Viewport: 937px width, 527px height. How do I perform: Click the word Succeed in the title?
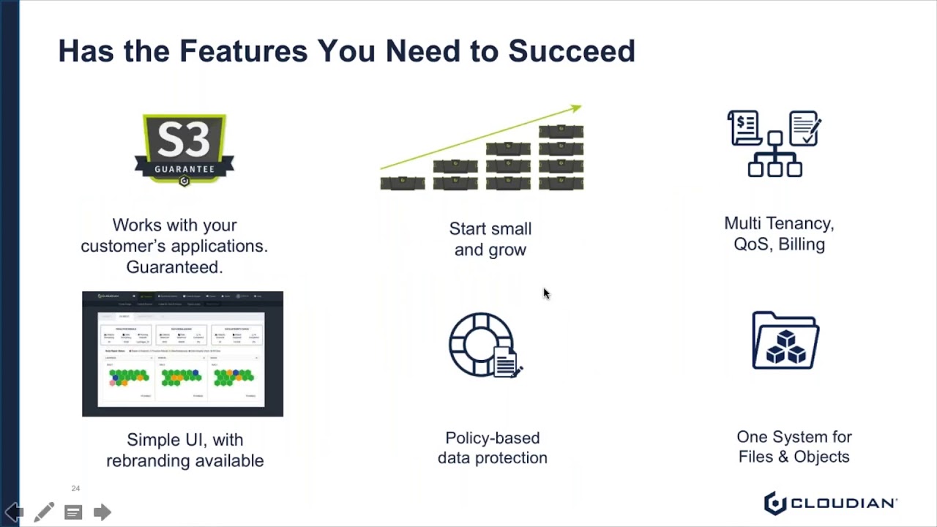pos(571,51)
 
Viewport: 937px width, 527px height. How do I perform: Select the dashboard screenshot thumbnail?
pos(182,354)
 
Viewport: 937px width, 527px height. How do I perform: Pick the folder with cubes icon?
pos(785,340)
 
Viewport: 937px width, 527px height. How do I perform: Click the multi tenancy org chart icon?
pos(774,143)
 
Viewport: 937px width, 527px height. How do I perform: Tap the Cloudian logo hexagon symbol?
pos(774,503)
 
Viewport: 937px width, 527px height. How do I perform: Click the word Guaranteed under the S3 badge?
pos(173,267)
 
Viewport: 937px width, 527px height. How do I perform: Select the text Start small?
pos(490,229)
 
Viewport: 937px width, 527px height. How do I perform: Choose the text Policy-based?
pos(492,438)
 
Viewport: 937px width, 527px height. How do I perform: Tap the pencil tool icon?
pos(44,512)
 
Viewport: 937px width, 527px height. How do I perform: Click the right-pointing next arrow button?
pos(102,512)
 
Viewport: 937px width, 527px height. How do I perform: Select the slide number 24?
pos(75,488)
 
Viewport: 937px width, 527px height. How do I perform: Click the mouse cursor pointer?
pos(546,294)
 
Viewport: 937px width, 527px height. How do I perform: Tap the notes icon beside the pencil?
pos(73,512)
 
